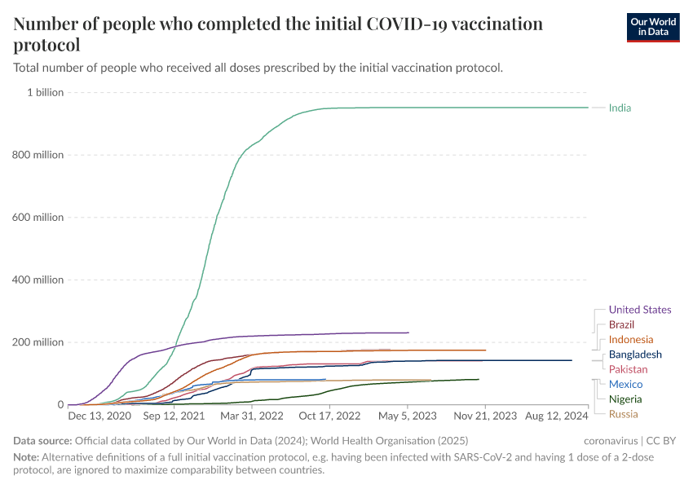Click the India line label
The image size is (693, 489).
click(x=620, y=108)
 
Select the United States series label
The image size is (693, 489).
click(x=640, y=310)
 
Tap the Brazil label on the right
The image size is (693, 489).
click(x=622, y=324)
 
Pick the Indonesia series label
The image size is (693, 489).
click(x=630, y=340)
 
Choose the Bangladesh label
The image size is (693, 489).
click(x=635, y=355)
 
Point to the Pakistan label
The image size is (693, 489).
click(x=628, y=369)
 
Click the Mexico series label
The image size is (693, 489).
click(x=625, y=384)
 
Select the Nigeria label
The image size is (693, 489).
click(x=625, y=399)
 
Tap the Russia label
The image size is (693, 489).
click(x=623, y=414)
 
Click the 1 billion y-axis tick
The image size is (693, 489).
click(x=45, y=92)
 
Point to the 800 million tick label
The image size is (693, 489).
click(x=38, y=155)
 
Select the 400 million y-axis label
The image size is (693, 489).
click(x=38, y=280)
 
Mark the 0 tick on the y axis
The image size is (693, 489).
click(x=60, y=404)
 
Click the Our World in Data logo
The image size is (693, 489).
click(x=652, y=27)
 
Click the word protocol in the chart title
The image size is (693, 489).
click(x=46, y=46)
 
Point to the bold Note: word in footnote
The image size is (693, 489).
click(x=27, y=457)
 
